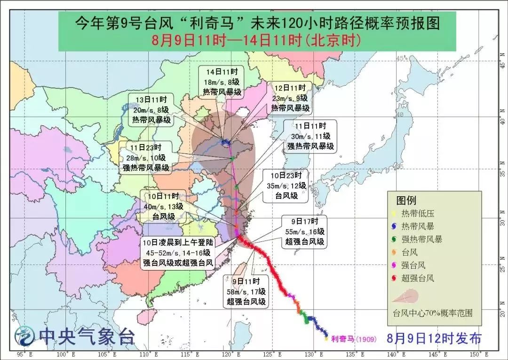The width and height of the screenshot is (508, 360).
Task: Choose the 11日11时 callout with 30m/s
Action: [310, 136]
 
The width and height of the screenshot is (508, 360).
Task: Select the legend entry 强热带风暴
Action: [421, 239]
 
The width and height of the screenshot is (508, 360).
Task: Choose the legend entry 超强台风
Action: [418, 278]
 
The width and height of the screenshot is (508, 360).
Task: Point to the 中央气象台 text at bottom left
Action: [87, 336]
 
